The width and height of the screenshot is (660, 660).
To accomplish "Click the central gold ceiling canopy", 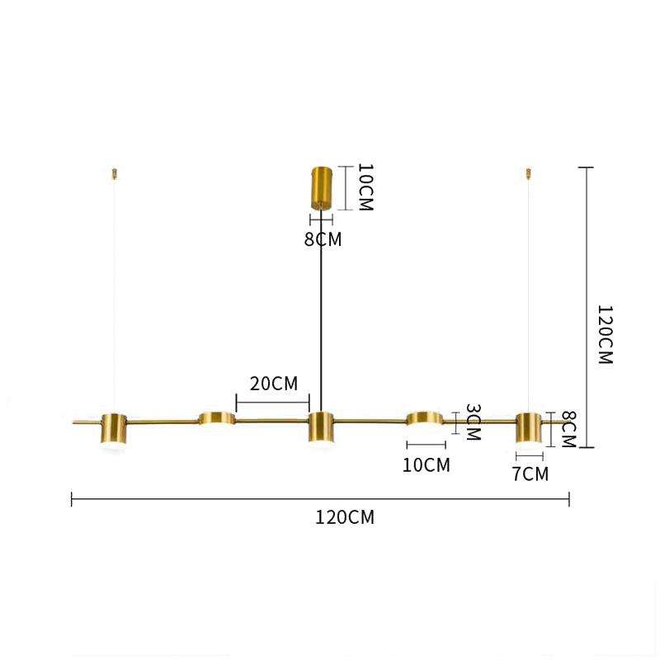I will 321,189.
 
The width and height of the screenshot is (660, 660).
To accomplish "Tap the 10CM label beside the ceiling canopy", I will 365,188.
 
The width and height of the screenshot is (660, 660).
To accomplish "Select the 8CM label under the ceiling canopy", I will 322,240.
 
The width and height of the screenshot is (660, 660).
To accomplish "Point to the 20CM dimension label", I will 273,384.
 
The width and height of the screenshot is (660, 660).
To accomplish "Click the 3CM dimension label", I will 472,422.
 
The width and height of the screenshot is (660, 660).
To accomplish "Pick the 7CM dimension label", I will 530,474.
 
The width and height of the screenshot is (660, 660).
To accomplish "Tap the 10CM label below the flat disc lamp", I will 427,465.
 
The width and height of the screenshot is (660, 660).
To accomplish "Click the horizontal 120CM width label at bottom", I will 345,518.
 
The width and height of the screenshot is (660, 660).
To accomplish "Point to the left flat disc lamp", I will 216,418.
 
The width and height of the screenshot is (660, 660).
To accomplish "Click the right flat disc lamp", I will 425,418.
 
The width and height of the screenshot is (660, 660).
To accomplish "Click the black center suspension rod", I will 321,313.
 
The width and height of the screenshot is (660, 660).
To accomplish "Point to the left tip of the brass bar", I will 75,422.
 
